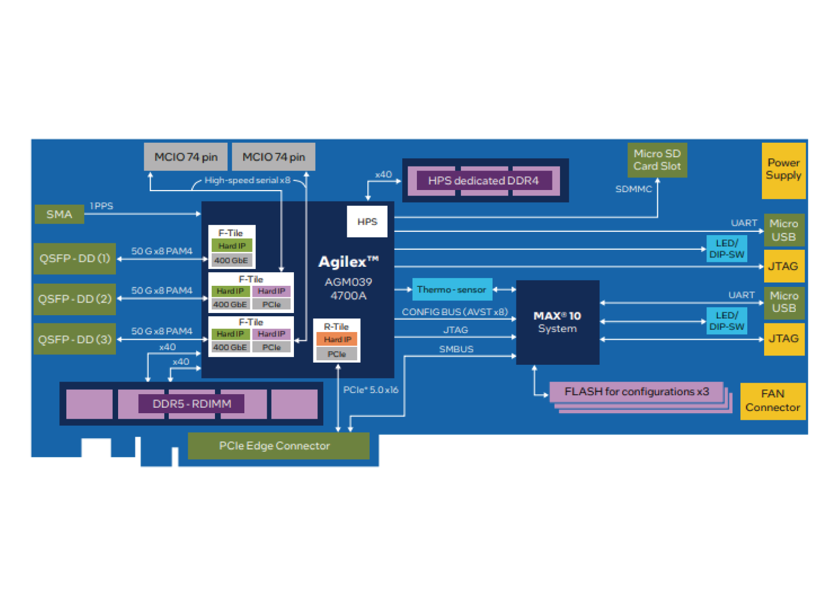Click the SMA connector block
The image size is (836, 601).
[59, 214]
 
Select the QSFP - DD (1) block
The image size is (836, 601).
[75, 259]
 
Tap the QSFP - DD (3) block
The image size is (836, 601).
[75, 339]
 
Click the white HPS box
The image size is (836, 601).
[367, 222]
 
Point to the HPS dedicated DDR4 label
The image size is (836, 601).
[483, 181]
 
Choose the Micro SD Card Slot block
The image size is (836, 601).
[657, 160]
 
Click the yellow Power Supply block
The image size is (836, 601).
[783, 169]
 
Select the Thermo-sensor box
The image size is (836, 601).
[451, 290]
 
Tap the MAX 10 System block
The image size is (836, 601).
[557, 322]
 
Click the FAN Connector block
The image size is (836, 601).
[772, 401]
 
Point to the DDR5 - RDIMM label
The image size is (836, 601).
[192, 404]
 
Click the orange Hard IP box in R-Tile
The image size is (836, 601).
[337, 339]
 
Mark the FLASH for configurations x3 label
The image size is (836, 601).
[636, 392]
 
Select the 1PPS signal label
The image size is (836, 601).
[101, 206]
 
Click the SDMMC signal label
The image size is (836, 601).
[634, 189]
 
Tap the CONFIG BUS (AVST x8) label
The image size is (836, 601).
[454, 312]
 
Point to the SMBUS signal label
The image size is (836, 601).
[456, 349]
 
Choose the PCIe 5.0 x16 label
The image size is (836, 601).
[371, 390]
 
